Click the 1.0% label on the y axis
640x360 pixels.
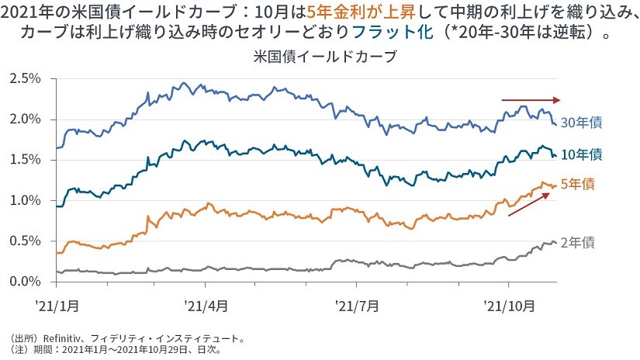(25, 200)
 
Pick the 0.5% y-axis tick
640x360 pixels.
(25, 241)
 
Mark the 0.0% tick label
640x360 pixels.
(25, 281)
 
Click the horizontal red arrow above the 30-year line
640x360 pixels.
(530, 100)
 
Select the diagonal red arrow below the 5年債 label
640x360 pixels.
(531, 204)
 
